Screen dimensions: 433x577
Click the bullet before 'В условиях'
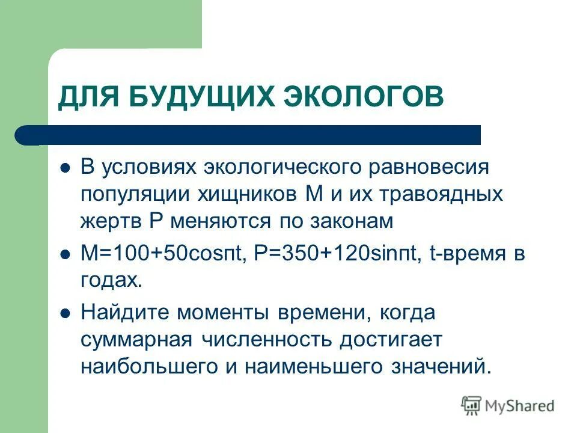(x=66, y=167)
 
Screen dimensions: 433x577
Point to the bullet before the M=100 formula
(x=66, y=255)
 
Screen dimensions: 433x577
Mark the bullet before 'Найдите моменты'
(x=66, y=313)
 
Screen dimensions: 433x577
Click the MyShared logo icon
(x=472, y=405)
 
